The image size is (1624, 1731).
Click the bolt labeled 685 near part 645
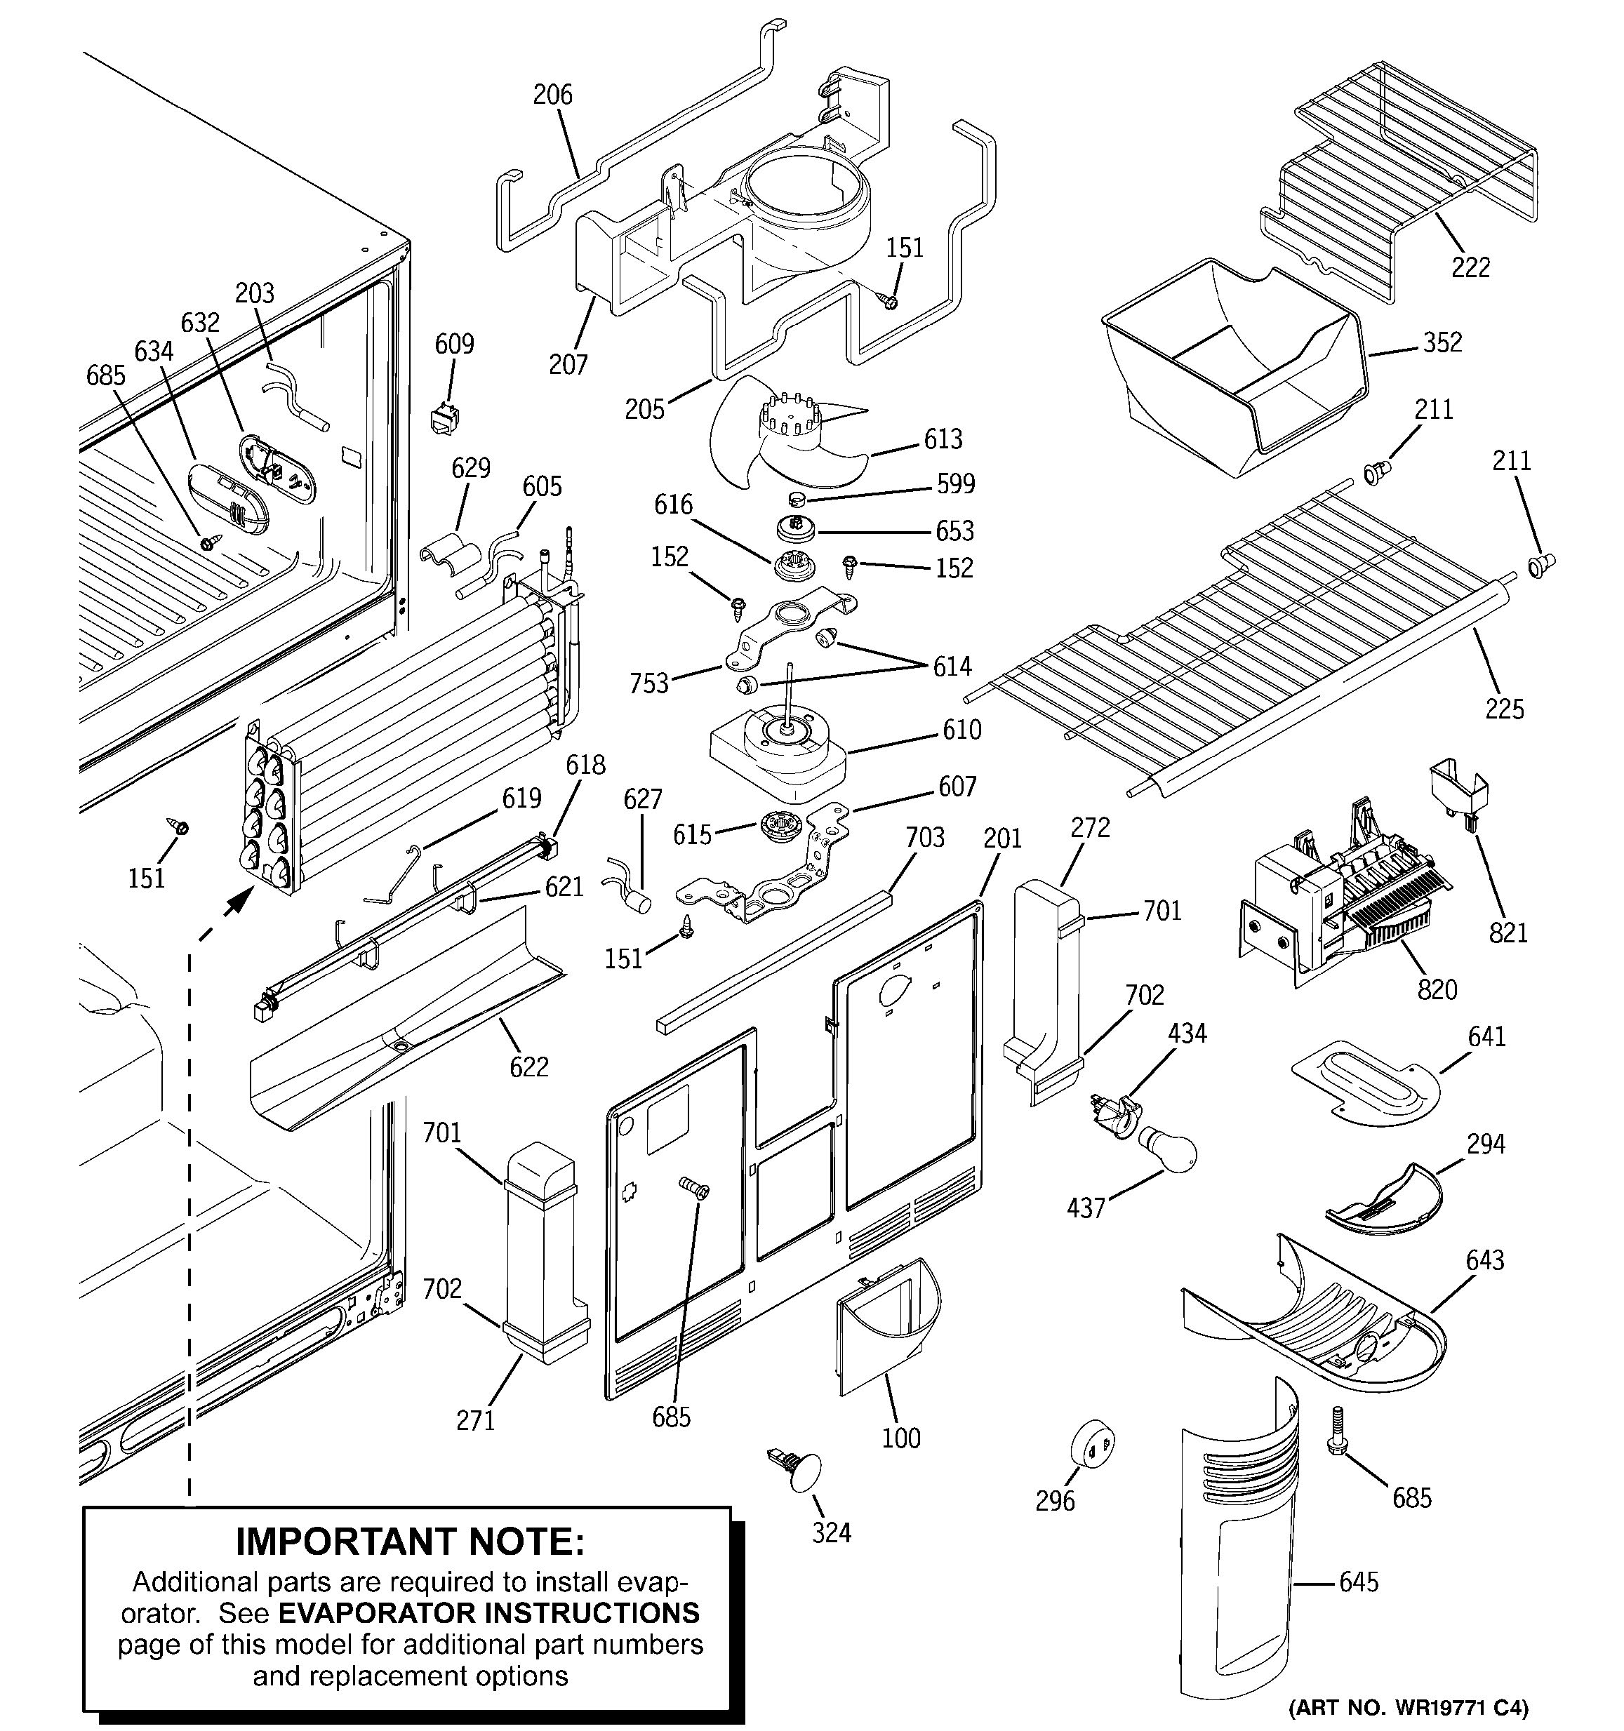(1337, 1437)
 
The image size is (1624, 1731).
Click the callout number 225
(1505, 709)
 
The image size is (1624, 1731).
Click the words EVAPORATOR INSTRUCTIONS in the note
(488, 1612)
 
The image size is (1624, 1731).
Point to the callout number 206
(553, 94)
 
